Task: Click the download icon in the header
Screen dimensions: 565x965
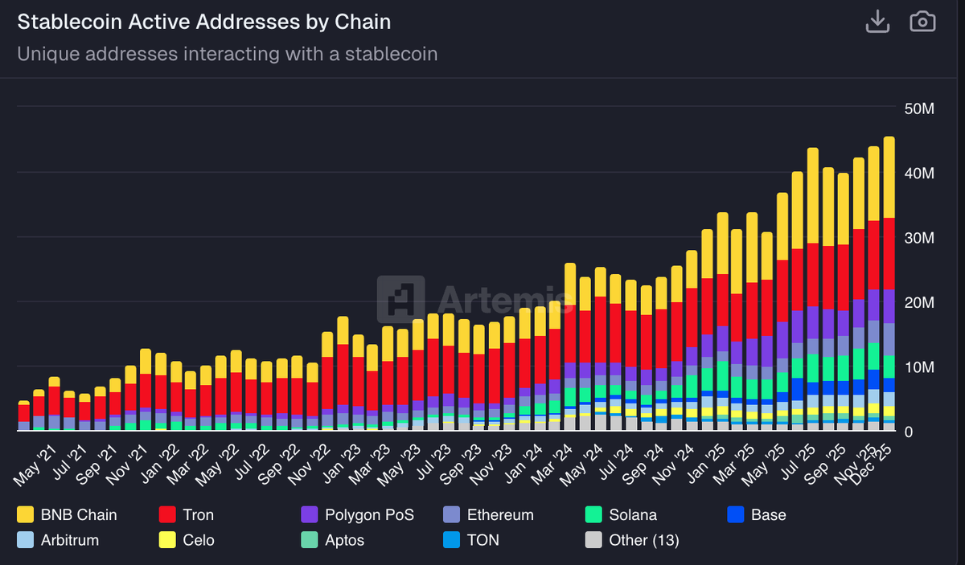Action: [877, 22]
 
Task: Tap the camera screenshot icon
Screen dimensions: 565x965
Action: [922, 22]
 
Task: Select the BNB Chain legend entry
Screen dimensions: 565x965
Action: [68, 514]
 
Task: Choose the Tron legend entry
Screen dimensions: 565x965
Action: [187, 514]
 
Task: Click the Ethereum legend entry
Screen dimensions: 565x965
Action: [488, 514]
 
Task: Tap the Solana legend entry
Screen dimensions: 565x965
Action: [622, 514]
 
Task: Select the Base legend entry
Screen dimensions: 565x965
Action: [756, 514]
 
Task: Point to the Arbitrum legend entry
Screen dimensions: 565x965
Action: [58, 540]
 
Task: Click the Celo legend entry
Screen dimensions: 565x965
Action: [187, 540]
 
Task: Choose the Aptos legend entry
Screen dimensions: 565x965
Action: [332, 540]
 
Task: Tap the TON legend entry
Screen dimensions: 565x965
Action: [471, 540]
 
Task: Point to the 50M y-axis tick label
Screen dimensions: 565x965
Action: [919, 108]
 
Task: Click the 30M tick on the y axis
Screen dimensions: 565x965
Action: [919, 238]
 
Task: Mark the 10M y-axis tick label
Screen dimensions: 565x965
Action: [919, 367]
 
